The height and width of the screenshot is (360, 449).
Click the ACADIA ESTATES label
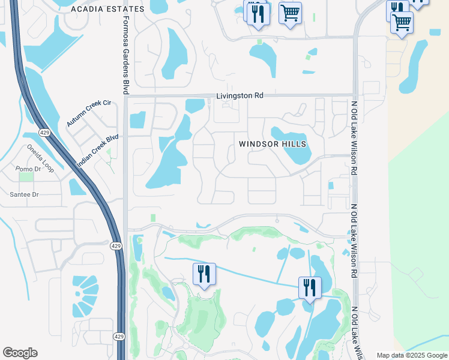(x=107, y=9)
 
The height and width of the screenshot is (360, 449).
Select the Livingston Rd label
(x=240, y=95)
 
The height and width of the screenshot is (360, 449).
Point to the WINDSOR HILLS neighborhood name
(x=273, y=144)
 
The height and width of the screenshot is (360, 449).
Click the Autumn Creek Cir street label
(x=89, y=113)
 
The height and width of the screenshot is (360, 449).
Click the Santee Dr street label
(x=24, y=194)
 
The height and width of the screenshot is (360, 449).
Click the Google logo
(x=20, y=353)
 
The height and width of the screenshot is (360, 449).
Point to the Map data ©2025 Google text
(x=412, y=355)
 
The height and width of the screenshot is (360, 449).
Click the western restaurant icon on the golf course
(x=204, y=275)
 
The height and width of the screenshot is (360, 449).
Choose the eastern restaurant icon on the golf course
(x=310, y=288)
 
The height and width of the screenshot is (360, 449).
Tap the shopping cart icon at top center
(x=290, y=13)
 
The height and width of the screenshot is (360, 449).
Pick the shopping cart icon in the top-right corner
(x=402, y=23)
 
